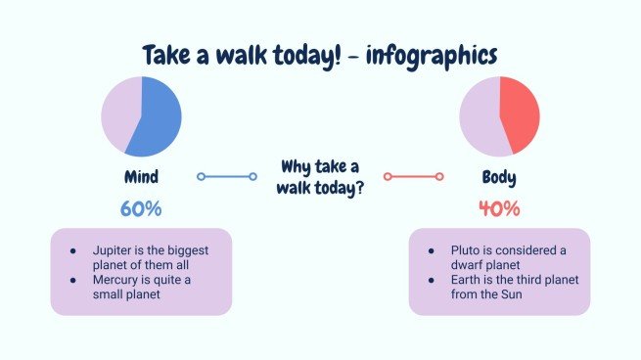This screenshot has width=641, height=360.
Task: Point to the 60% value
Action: [141, 208]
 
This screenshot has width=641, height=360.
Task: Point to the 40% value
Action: [499, 208]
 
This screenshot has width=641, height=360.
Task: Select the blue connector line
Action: [227, 177]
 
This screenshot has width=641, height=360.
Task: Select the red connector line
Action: [413, 177]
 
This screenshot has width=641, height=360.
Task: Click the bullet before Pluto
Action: [431, 250]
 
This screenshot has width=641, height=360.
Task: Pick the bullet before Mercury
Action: [72, 280]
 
